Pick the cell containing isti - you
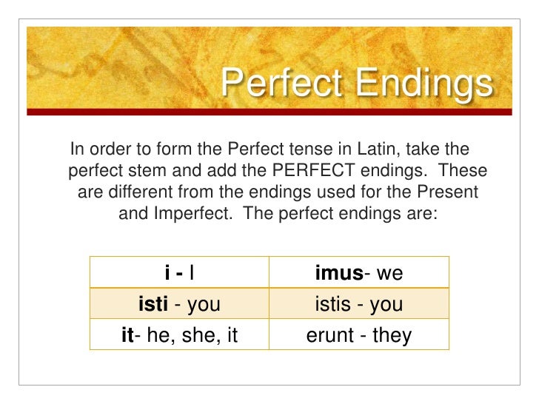click(x=179, y=304)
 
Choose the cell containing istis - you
click(x=359, y=304)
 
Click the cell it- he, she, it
click(x=179, y=336)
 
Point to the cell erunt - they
click(x=359, y=336)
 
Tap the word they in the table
click(x=392, y=336)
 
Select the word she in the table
click(x=192, y=336)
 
